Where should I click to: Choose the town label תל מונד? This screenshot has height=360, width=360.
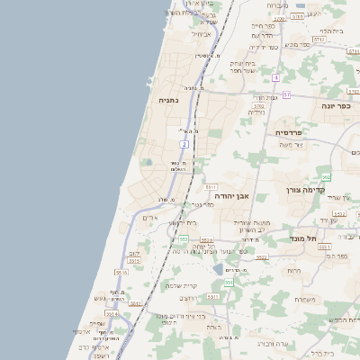point(306,238)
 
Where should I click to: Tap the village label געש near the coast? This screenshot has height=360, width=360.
point(100,298)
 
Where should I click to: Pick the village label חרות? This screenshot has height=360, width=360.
point(293,271)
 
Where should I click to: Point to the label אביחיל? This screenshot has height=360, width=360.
point(201,34)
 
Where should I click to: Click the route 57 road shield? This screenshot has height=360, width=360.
point(286,94)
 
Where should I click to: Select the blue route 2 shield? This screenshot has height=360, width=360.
point(183,144)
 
